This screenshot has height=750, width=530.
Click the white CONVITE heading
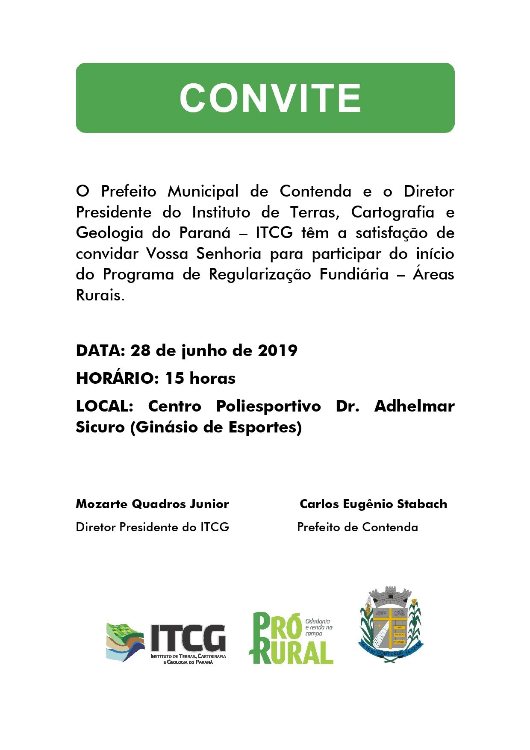click(x=270, y=98)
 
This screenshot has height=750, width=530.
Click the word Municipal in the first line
click(x=203, y=191)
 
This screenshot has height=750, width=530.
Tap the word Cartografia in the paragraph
click(x=392, y=212)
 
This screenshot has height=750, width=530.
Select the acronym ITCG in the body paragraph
click(x=274, y=233)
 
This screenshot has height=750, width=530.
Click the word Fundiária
click(x=354, y=274)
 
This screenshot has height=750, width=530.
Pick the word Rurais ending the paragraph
click(x=100, y=295)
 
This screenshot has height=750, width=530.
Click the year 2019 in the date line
click(x=277, y=350)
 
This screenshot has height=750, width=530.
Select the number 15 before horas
click(x=174, y=378)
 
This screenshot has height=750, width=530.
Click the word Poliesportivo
click(x=268, y=406)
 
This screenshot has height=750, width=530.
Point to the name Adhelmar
click(x=414, y=406)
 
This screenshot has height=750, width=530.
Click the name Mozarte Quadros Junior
click(x=152, y=504)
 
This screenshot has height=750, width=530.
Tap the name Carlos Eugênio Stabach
click(x=373, y=504)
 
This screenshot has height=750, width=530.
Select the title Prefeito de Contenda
click(x=357, y=527)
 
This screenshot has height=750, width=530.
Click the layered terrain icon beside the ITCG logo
click(x=125, y=641)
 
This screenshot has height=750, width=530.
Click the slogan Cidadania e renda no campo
click(x=318, y=627)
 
